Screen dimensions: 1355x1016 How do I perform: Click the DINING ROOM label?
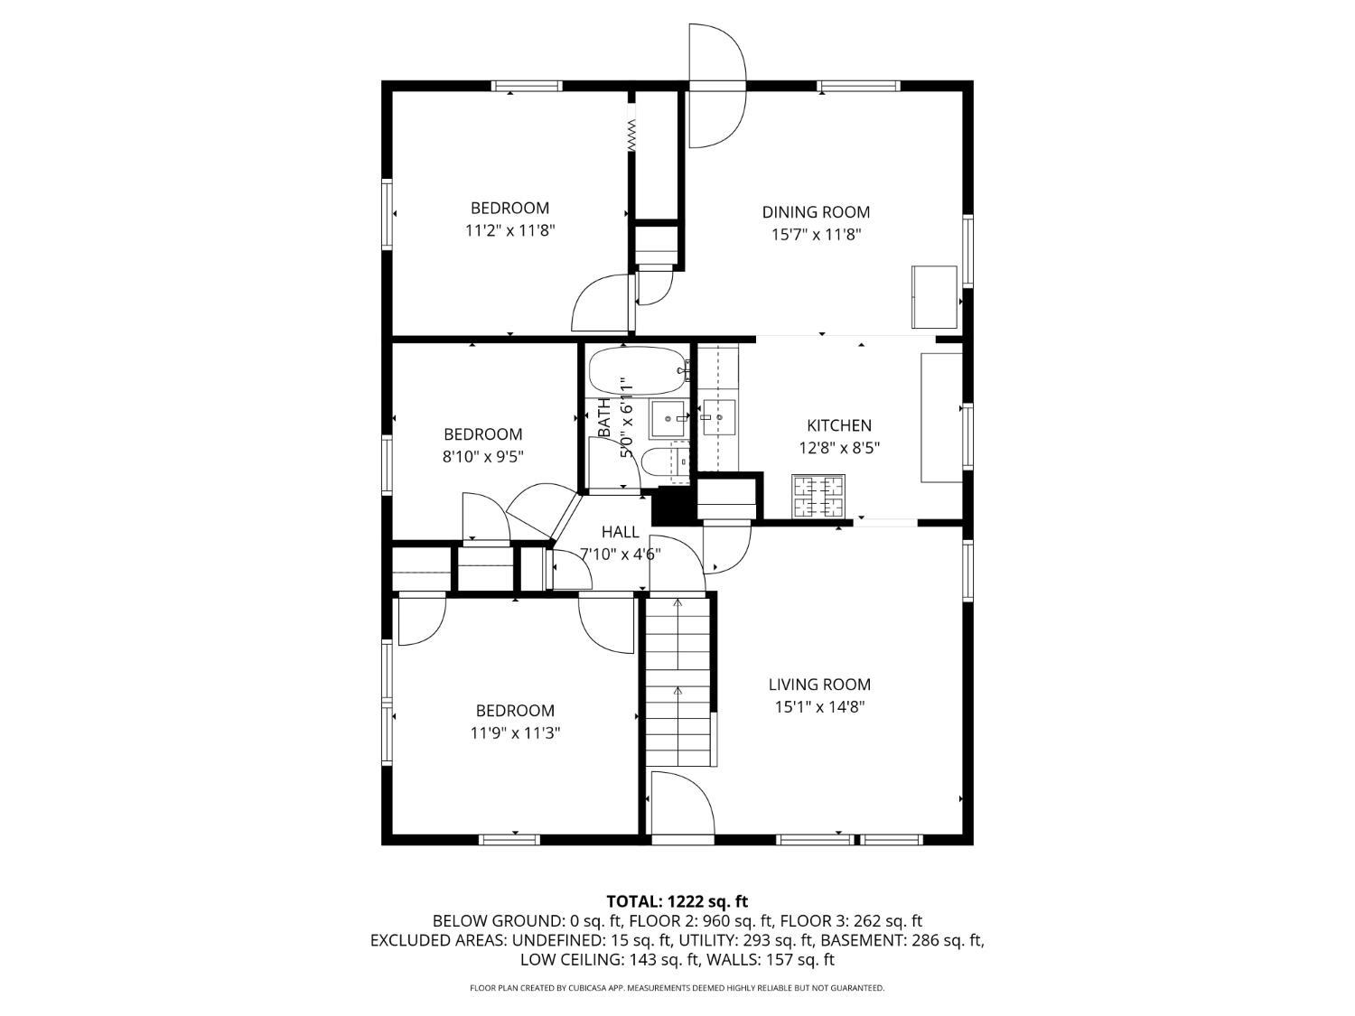[x=816, y=212]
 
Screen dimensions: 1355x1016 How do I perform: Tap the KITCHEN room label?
[x=839, y=425]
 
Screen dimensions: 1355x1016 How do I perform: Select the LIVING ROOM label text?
[x=819, y=685]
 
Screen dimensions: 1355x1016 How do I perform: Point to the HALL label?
[x=620, y=532]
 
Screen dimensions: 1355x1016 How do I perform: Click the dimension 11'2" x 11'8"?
[x=509, y=230]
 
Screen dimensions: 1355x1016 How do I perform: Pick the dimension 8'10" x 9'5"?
[x=482, y=457]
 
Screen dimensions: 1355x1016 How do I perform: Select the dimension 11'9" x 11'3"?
[x=515, y=733]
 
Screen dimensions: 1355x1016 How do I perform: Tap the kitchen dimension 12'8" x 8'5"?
[x=839, y=448]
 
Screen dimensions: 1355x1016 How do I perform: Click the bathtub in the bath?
[x=638, y=370]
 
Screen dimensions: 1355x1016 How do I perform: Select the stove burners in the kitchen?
[x=818, y=497]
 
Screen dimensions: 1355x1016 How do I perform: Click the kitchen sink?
[x=718, y=417]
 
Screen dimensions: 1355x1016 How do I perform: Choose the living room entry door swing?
[x=682, y=803]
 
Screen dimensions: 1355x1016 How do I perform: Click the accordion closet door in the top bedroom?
[x=631, y=135]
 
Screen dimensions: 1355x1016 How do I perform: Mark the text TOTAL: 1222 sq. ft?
[x=677, y=902]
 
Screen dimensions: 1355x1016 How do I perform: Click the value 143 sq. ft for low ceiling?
[x=664, y=960]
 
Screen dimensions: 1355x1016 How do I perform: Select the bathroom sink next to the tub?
[x=667, y=419]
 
